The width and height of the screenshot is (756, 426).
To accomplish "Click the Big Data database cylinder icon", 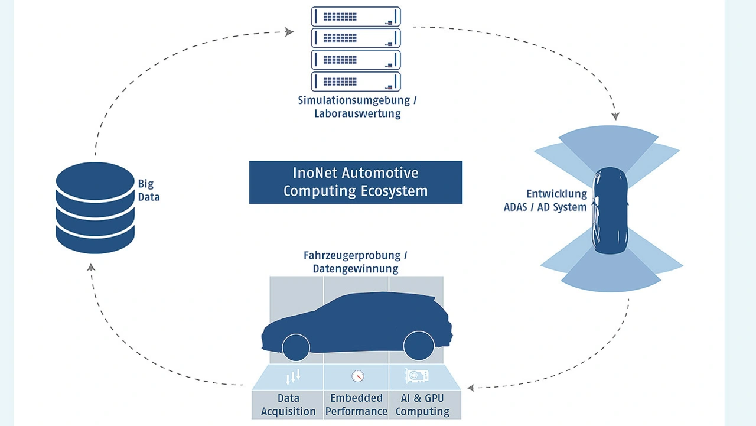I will point(95,209).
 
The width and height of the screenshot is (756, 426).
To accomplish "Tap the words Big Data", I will point(149,190).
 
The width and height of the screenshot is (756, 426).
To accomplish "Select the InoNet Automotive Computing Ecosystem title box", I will point(356,182).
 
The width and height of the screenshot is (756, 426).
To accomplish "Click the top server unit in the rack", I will point(356,17).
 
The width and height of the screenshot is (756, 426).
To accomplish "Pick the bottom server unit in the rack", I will point(356,81).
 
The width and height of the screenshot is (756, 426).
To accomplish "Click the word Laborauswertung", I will point(357,113).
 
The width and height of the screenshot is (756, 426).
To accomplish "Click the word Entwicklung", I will point(557,194).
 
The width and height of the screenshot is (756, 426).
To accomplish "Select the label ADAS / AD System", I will point(545,207).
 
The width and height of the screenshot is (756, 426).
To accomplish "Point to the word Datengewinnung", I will point(356,269).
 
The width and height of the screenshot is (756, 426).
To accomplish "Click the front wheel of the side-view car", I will point(296,346).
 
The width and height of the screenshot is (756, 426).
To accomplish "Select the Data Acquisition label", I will point(288,405).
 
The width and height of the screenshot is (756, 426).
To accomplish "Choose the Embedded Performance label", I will point(356,405).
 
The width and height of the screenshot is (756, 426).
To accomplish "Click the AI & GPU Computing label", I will point(422,405).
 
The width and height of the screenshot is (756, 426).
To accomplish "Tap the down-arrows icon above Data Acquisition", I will point(294,376).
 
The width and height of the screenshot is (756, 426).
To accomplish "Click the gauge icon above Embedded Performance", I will point(357,376).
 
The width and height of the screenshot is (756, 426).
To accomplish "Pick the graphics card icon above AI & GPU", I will point(416,375).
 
